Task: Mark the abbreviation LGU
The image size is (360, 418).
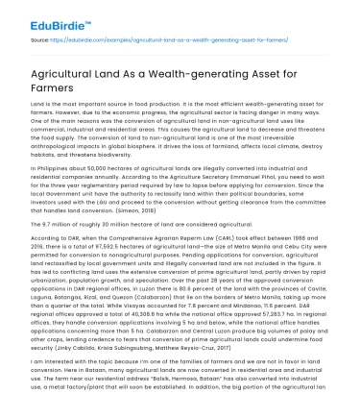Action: coord(111,193)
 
